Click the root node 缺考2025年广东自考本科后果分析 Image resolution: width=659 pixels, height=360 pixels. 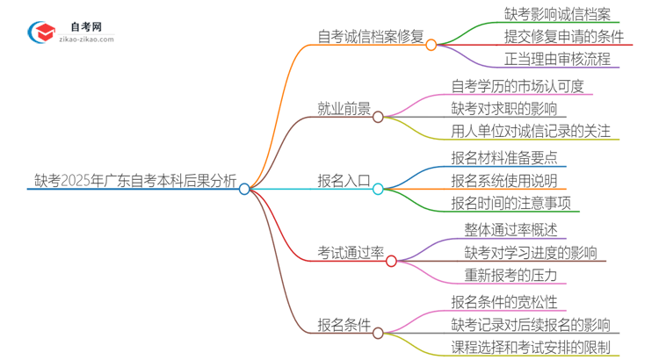tap(133, 183)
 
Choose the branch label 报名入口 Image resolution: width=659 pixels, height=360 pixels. tap(344, 182)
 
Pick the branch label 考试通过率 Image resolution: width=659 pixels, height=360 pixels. tap(351, 254)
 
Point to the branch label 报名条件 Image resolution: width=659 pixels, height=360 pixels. tap(344, 326)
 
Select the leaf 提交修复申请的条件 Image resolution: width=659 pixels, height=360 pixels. tap(564, 37)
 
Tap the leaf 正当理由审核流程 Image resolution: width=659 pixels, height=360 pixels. tap(557, 60)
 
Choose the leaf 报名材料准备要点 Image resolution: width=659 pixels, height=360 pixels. tap(503, 159)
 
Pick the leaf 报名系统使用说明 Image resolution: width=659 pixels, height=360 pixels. tap(503, 181)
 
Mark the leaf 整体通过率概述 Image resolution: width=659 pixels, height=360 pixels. tap(511, 230)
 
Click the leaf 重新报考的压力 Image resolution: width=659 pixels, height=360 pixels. tap(511, 276)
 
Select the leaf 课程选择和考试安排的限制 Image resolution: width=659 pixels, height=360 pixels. tap(531, 347)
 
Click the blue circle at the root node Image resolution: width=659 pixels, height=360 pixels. tap(245, 189)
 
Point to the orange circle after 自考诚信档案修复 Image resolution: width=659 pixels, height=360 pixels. tap(431, 45)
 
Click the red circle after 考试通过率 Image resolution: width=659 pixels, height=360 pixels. tap(392, 261)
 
